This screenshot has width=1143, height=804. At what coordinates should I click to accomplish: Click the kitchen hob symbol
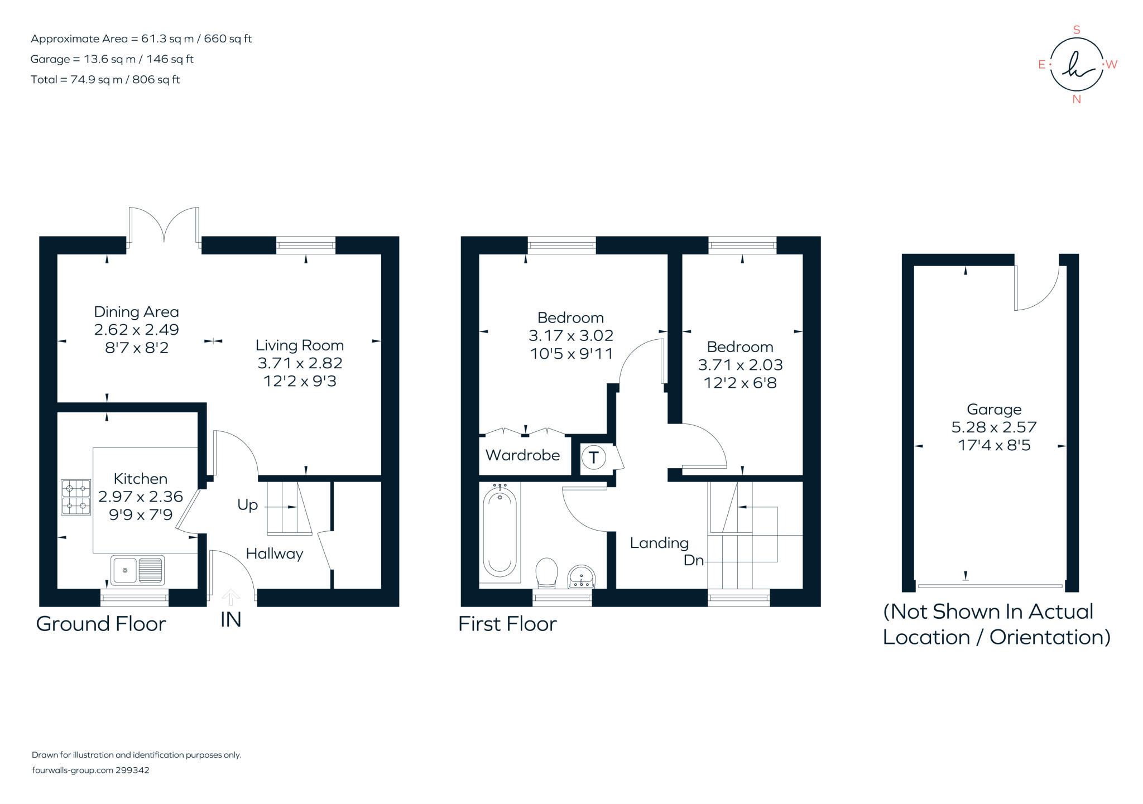[76, 497]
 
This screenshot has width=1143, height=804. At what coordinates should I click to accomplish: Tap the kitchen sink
[137, 570]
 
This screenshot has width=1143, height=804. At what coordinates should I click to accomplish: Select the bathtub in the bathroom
[500, 533]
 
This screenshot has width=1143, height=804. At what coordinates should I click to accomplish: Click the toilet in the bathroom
[546, 572]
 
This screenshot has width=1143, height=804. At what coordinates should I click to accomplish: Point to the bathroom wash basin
[582, 576]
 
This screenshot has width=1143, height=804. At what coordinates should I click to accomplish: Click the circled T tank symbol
[593, 458]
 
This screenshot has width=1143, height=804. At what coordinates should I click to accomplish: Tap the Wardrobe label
[522, 455]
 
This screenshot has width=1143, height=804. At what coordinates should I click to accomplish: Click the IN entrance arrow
[230, 599]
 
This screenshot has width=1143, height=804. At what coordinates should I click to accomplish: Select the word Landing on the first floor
[659, 543]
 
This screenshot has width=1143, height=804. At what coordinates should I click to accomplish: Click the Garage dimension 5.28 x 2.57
[994, 427]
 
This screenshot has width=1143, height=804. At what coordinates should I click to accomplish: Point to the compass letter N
[1077, 100]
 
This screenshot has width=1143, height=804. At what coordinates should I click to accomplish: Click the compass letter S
[1077, 30]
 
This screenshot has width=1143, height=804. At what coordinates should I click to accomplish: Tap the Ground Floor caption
[101, 624]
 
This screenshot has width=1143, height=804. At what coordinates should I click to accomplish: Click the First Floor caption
[507, 624]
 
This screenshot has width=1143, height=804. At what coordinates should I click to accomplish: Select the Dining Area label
[136, 312]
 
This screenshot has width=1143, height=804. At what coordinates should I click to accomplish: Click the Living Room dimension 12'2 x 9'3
[300, 381]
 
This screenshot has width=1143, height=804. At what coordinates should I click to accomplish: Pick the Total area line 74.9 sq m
[105, 80]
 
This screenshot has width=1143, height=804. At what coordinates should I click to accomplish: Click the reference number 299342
[132, 770]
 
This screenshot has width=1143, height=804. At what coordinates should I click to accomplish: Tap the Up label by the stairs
[247, 505]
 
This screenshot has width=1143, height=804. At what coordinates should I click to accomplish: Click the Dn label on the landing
[694, 560]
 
